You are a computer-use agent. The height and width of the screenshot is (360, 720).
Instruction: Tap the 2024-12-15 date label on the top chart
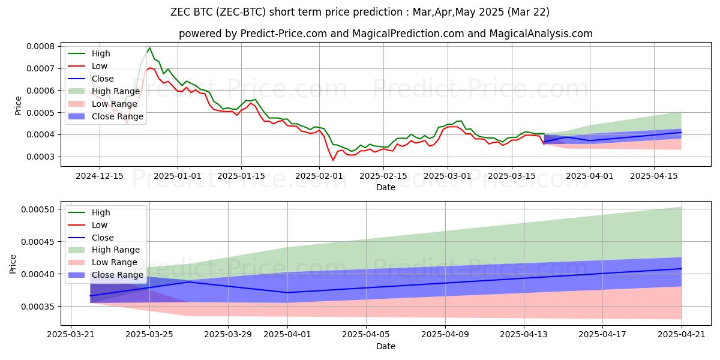(99, 175)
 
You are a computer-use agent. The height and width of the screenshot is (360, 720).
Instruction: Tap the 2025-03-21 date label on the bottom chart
(71, 334)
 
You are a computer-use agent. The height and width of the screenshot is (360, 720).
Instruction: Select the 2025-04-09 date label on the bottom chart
(445, 334)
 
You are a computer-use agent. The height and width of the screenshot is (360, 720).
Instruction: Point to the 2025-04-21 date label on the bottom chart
(682, 334)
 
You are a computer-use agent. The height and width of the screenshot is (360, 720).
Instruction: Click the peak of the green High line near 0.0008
(149, 47)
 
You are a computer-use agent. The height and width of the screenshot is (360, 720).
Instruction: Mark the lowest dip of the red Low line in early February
(333, 160)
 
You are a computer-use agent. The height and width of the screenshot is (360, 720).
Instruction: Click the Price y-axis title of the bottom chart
(13, 264)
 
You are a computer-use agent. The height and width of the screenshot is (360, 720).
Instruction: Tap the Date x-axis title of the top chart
(386, 187)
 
